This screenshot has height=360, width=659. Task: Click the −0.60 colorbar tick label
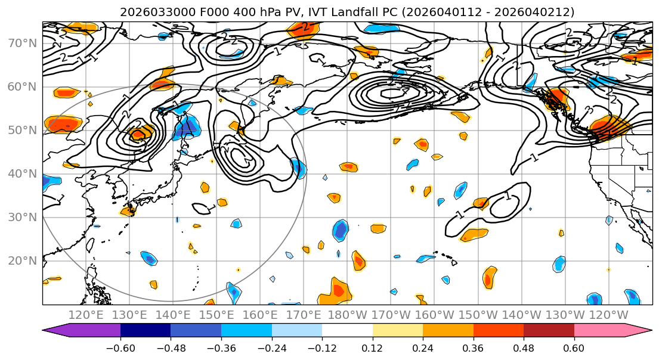(x=120, y=347)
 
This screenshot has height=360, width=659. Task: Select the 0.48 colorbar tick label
(x=524, y=347)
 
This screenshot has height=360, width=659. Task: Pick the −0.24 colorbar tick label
(x=271, y=347)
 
